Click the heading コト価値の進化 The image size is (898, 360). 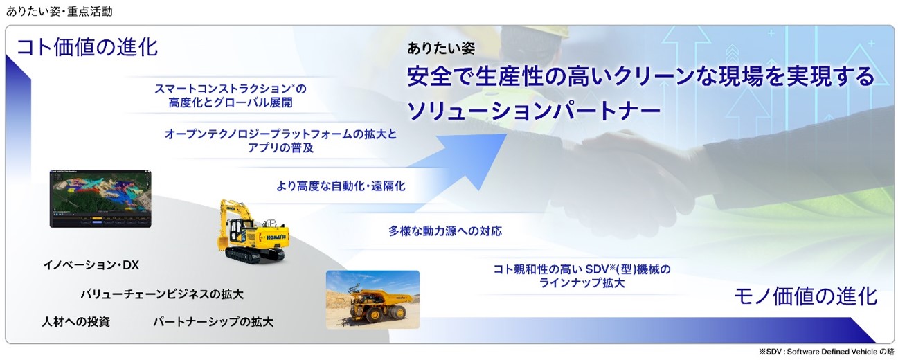coord(87,47)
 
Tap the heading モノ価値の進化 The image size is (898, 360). coord(805,296)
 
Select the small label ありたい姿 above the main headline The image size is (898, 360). coord(441,48)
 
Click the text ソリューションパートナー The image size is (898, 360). coord(534,111)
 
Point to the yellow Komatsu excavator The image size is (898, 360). coord(253,232)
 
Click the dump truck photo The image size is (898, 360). coord(372,300)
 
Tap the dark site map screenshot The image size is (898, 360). coord(100,199)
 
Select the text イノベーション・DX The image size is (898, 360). coord(91,265)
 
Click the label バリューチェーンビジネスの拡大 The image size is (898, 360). coord(162,295)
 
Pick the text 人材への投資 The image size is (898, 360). coord(76,322)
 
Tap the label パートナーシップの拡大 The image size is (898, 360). coord(213,322)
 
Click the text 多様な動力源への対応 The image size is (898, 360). coord(445,231)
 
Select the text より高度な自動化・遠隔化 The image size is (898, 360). coord(341,186)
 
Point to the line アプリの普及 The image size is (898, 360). coord(280,148)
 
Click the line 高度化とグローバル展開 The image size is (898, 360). coord(231,102)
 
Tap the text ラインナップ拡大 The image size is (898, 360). coord(582,283)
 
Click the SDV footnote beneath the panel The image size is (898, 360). coord(826,352)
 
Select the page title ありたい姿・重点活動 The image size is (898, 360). coord(60,12)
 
